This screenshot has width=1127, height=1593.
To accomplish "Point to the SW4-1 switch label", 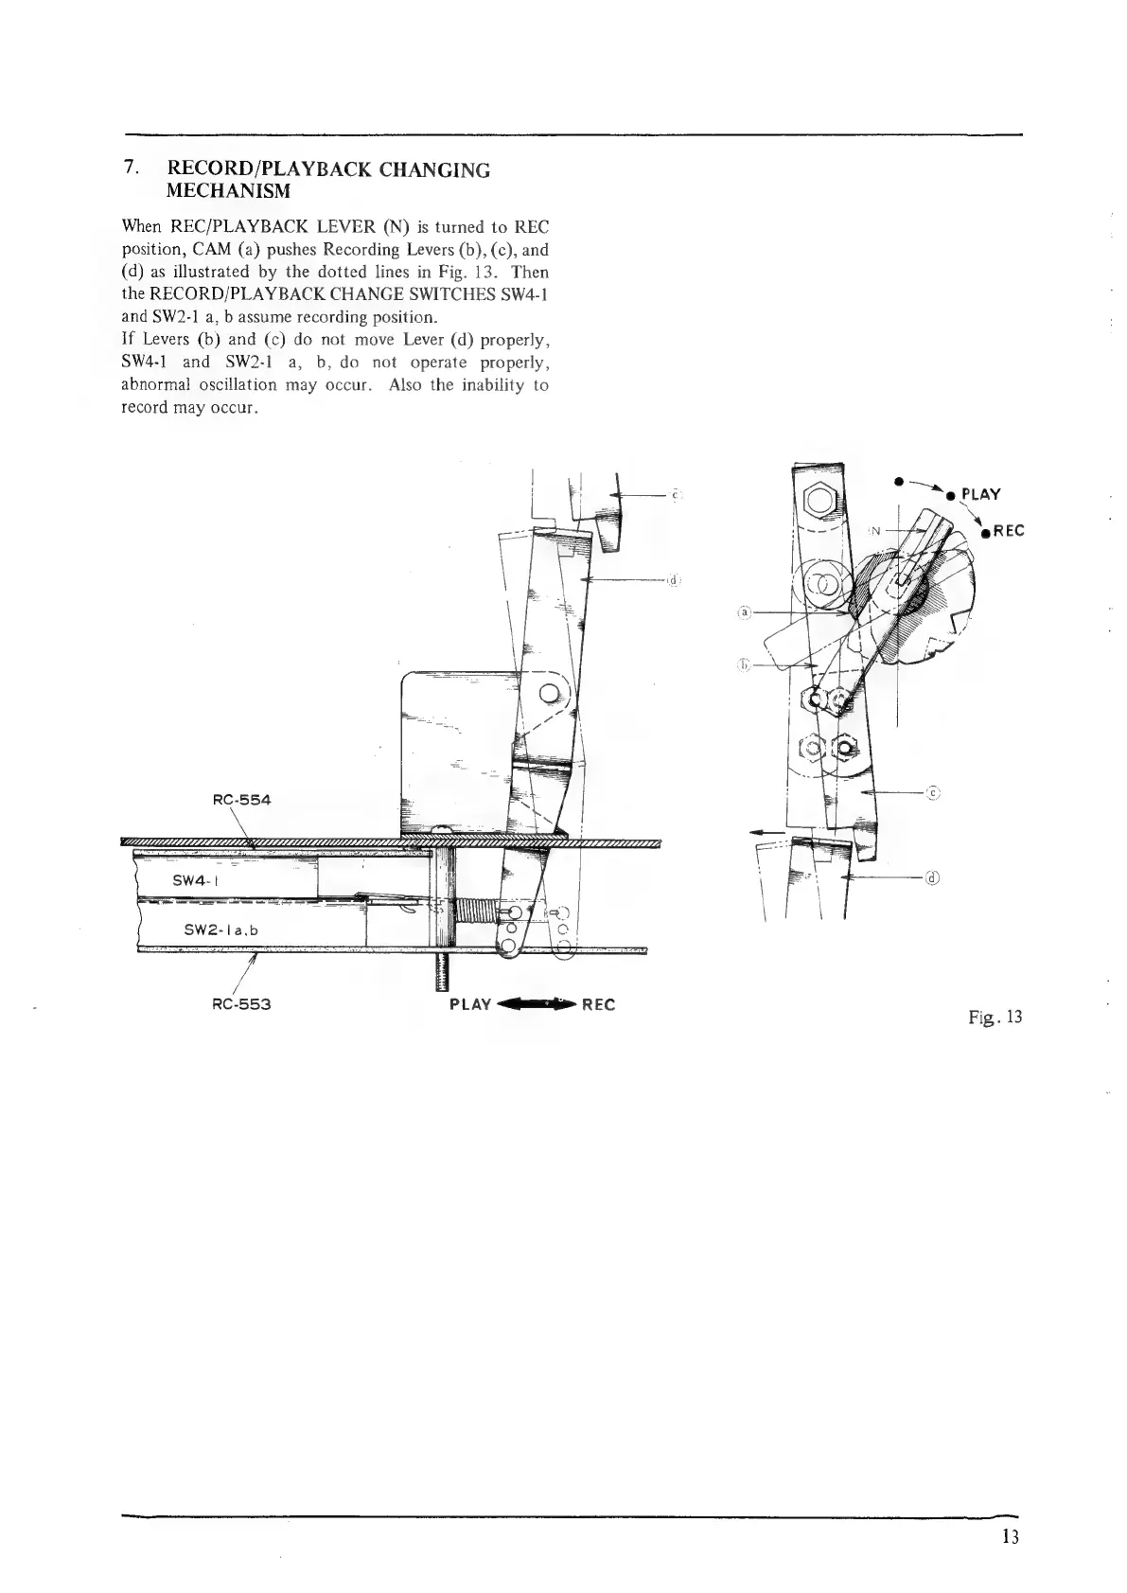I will coord(196,879).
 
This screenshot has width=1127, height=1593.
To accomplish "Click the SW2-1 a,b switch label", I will coord(220,929).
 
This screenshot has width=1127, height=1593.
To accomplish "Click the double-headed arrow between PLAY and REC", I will coord(536,1004).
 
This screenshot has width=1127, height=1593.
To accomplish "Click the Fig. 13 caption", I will coord(995,1018).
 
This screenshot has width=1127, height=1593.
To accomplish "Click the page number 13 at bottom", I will coord(1011,1536).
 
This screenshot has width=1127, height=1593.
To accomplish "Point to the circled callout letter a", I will coord(744,612).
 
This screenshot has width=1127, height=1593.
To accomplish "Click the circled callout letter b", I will coord(744,664).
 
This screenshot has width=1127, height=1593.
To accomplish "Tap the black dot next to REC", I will coord(985,533).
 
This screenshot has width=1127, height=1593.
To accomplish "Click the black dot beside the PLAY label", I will coord(952,494).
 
